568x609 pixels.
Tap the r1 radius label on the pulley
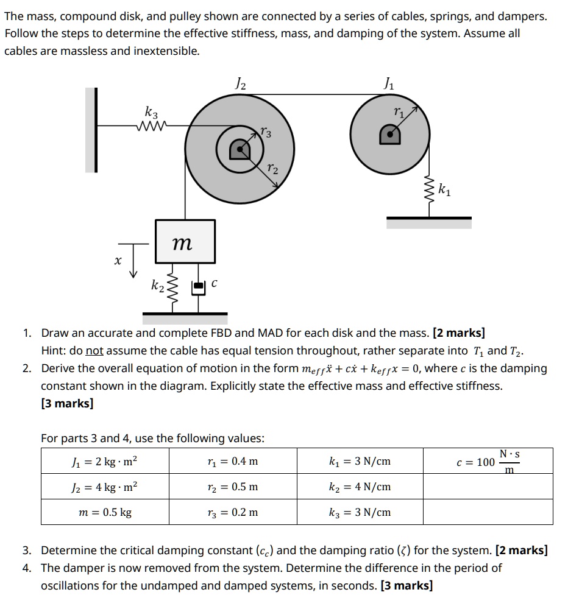pyautogui.click(x=399, y=111)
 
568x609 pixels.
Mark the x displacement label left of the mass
pyautogui.click(x=116, y=261)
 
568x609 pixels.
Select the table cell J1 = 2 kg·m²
pyautogui.click(x=105, y=461)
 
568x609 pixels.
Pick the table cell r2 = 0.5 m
pyautogui.click(x=233, y=487)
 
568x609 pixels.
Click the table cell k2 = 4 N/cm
pyautogui.click(x=360, y=487)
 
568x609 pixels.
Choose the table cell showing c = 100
pyautogui.click(x=488, y=461)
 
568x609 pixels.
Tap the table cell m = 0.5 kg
pyautogui.click(x=105, y=512)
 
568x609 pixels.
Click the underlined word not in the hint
pyautogui.click(x=93, y=351)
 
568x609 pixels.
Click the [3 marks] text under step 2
pyautogui.click(x=67, y=403)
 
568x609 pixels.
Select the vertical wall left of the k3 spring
pyautogui.click(x=91, y=130)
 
